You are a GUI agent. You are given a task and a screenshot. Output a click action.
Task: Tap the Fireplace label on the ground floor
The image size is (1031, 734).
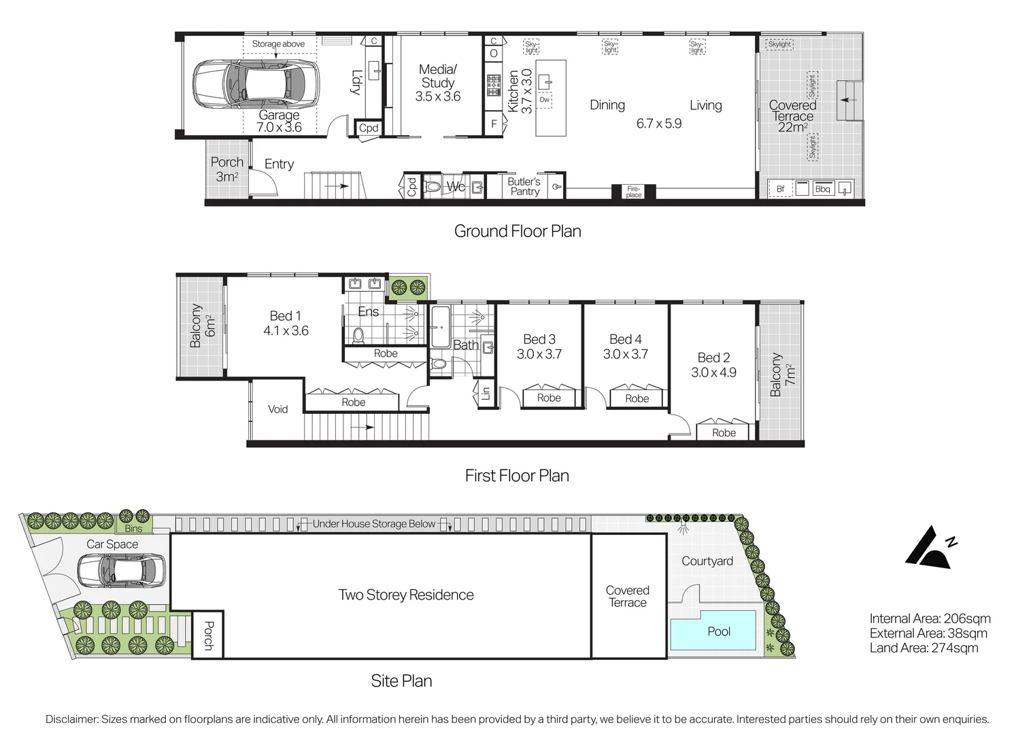(x=633, y=192)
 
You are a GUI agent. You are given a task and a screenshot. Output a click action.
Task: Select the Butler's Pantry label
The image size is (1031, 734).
(x=524, y=187)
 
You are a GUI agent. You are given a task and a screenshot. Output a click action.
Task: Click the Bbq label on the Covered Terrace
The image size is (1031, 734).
(x=822, y=189)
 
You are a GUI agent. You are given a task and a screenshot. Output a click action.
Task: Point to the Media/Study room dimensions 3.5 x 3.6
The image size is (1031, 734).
(x=438, y=97)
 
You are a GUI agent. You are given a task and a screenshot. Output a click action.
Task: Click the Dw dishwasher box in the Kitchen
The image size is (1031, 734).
(x=544, y=100)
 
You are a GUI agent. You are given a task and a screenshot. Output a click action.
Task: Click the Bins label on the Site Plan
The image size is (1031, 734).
(x=134, y=528)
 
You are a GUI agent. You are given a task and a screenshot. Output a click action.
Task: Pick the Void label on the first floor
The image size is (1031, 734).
(x=277, y=409)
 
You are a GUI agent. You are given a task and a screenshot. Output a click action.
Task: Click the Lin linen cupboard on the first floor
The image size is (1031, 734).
(x=485, y=394)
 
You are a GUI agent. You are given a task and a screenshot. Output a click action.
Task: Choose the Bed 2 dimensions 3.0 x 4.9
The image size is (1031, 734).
(x=713, y=372)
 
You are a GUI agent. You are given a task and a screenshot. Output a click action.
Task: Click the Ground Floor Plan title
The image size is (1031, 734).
(x=518, y=231)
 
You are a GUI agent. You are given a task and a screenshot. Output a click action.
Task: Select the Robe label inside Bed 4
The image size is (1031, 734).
(x=637, y=398)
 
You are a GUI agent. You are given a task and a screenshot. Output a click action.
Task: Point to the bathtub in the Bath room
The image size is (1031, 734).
(x=440, y=327)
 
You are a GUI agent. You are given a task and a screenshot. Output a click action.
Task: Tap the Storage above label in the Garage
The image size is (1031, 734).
(x=278, y=44)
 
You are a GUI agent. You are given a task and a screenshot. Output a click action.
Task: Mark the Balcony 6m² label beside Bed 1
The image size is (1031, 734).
(x=202, y=326)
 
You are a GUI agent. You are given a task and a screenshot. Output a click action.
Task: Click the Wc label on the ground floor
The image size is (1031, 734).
(x=456, y=187)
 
